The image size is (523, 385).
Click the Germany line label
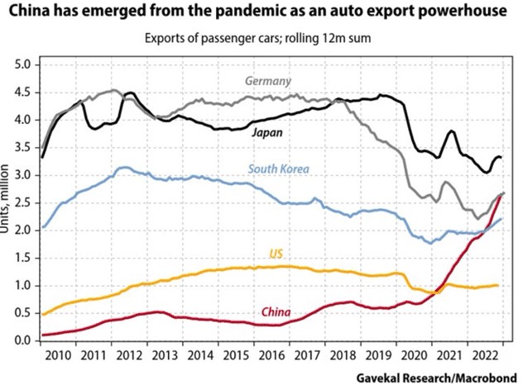pyautogui.click(x=266, y=81)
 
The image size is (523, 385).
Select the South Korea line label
pyautogui.click(x=278, y=169)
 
